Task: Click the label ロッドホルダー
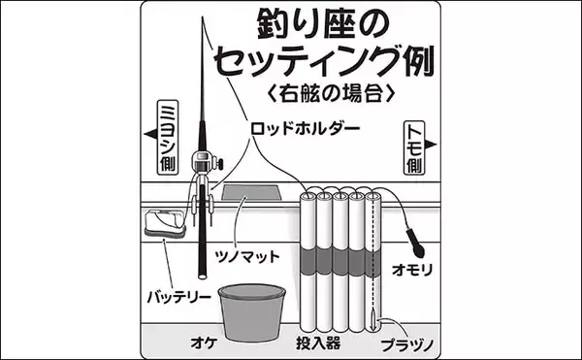[306, 129]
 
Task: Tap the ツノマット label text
[247, 256]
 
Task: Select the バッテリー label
[179, 297]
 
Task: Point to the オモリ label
[412, 270]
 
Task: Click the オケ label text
[204, 343]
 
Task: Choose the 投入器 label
[318, 343]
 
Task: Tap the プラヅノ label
[407, 345]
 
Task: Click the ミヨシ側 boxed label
[168, 137]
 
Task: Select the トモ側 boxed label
[414, 147]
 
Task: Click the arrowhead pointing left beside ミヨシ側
[150, 134]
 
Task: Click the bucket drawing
[251, 312]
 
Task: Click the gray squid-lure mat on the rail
[251, 193]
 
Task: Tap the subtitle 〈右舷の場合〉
[331, 93]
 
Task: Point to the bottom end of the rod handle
[203, 277]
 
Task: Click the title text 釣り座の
[323, 24]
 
